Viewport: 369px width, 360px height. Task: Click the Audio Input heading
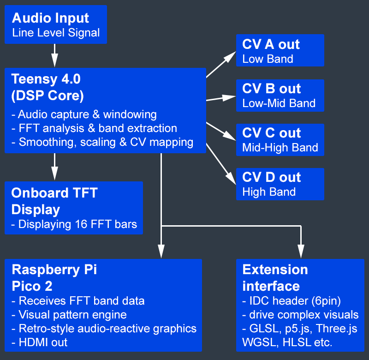pos(50,18)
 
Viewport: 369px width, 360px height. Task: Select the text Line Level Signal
pos(56,33)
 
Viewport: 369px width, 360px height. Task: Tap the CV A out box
pos(280,50)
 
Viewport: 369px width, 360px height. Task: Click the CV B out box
pos(280,95)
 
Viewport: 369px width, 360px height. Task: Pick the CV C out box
pos(280,139)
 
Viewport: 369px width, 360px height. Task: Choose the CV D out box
pos(280,184)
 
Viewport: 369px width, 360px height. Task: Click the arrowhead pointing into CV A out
pos(231,55)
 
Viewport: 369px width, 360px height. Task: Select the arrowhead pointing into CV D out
pos(231,180)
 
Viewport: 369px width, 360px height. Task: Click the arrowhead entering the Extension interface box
pos(301,252)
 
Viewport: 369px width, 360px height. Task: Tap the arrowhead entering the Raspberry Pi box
pos(161,252)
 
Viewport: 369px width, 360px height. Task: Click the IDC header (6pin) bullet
pos(292,301)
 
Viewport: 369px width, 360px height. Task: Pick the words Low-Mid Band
pos(279,103)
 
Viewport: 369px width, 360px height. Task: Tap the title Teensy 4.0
pos(46,79)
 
